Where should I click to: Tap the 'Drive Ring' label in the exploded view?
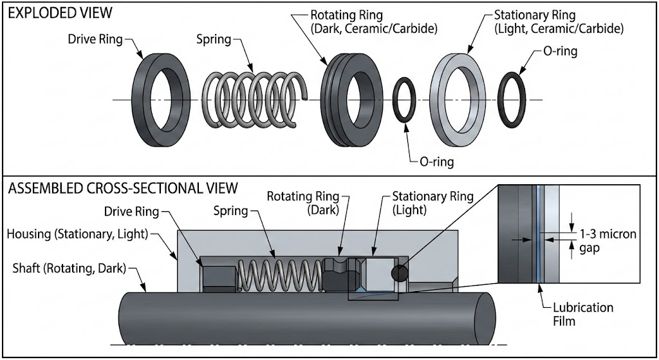point(95,39)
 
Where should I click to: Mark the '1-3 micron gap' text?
point(608,240)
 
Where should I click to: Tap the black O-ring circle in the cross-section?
point(399,273)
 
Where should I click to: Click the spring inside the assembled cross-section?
point(280,273)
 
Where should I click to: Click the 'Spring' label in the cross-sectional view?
point(231,211)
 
